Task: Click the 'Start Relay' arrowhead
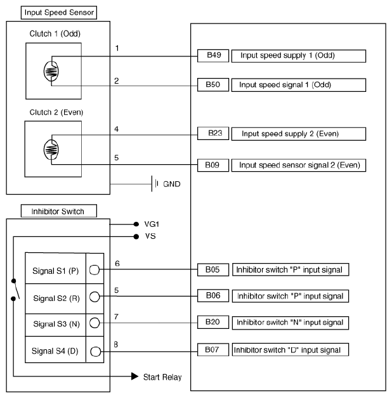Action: point(134,376)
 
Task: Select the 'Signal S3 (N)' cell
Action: point(55,323)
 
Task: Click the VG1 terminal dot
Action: point(136,224)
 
